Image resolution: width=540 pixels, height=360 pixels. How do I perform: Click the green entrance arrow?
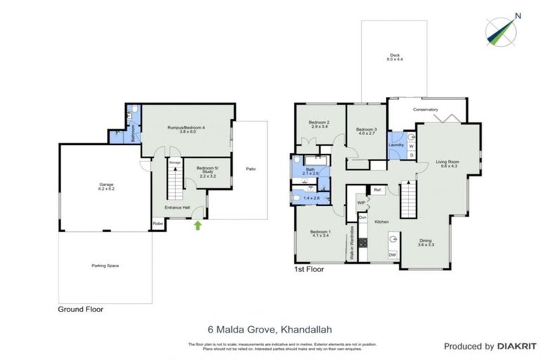click(x=198, y=226)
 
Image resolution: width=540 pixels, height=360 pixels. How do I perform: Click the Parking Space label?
click(x=104, y=266)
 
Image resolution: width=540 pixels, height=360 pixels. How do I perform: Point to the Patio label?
click(x=250, y=169)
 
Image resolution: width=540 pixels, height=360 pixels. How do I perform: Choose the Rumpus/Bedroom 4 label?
click(x=186, y=129)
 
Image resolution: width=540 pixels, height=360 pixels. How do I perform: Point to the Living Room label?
click(x=444, y=163)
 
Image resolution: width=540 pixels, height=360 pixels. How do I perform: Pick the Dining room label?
click(x=426, y=241)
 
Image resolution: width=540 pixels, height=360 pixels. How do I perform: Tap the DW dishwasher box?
click(x=392, y=255)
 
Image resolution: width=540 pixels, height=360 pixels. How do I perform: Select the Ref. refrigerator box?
click(x=378, y=191)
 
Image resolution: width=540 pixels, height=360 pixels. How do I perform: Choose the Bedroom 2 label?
click(x=321, y=124)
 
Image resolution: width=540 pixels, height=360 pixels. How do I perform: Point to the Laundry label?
click(x=395, y=145)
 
